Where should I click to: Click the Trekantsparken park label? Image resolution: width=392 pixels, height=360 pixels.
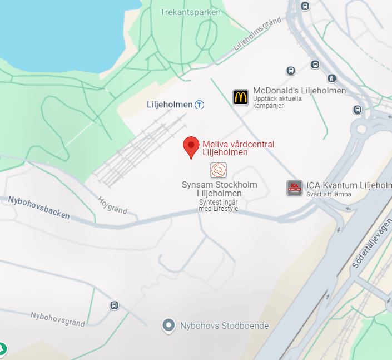190,12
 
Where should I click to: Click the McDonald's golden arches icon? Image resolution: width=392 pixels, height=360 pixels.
241,97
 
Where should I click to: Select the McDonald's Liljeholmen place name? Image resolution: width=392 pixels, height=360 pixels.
299,91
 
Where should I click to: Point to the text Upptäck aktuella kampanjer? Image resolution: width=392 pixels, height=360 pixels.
277,102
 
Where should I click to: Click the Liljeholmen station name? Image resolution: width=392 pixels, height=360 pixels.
170,105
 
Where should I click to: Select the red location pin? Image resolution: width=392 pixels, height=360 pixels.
191,146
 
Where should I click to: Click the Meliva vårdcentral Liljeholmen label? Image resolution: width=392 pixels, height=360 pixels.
238,148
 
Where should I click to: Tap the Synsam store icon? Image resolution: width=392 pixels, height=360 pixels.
219,170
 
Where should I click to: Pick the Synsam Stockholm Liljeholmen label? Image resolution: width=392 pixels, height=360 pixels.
220,189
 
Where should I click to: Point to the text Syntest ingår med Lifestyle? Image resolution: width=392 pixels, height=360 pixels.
219,205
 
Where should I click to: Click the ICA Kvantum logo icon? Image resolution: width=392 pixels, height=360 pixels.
295,188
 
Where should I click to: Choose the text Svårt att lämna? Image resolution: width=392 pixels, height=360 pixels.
329,194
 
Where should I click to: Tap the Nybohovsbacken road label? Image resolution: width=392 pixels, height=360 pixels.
39,207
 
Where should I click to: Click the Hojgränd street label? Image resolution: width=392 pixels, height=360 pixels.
112,205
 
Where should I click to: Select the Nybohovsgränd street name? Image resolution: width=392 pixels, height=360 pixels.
58,319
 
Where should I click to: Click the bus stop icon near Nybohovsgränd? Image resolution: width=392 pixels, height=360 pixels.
115,305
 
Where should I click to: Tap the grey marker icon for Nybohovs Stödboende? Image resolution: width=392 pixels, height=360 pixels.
168,326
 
